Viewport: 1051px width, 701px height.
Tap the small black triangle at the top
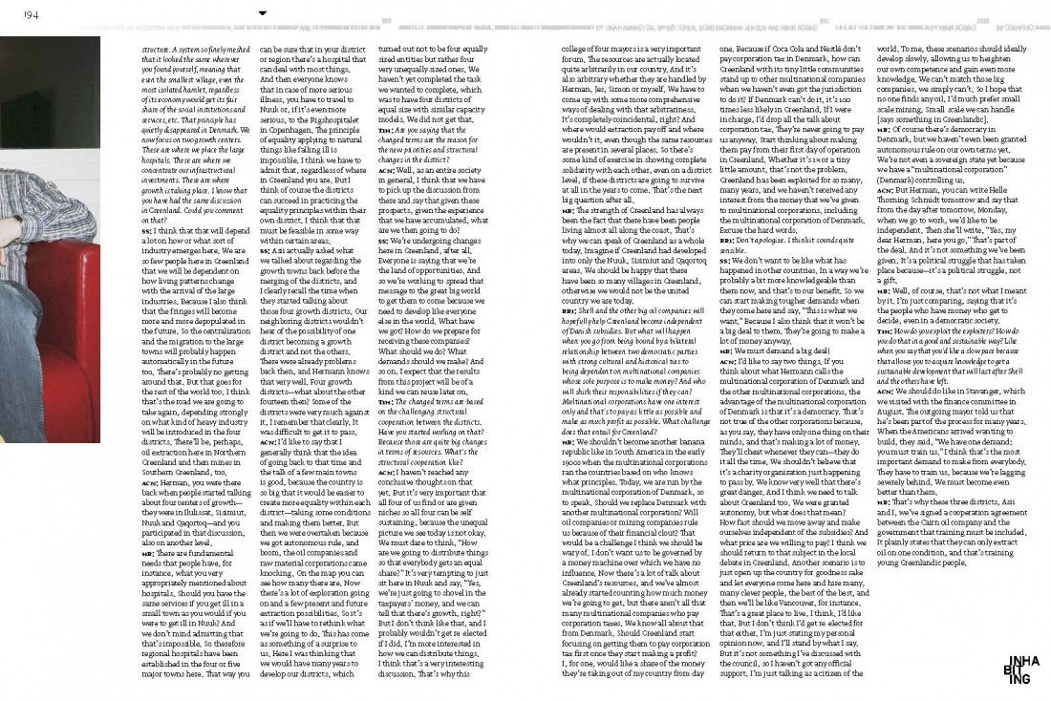pyautogui.click(x=263, y=13)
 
